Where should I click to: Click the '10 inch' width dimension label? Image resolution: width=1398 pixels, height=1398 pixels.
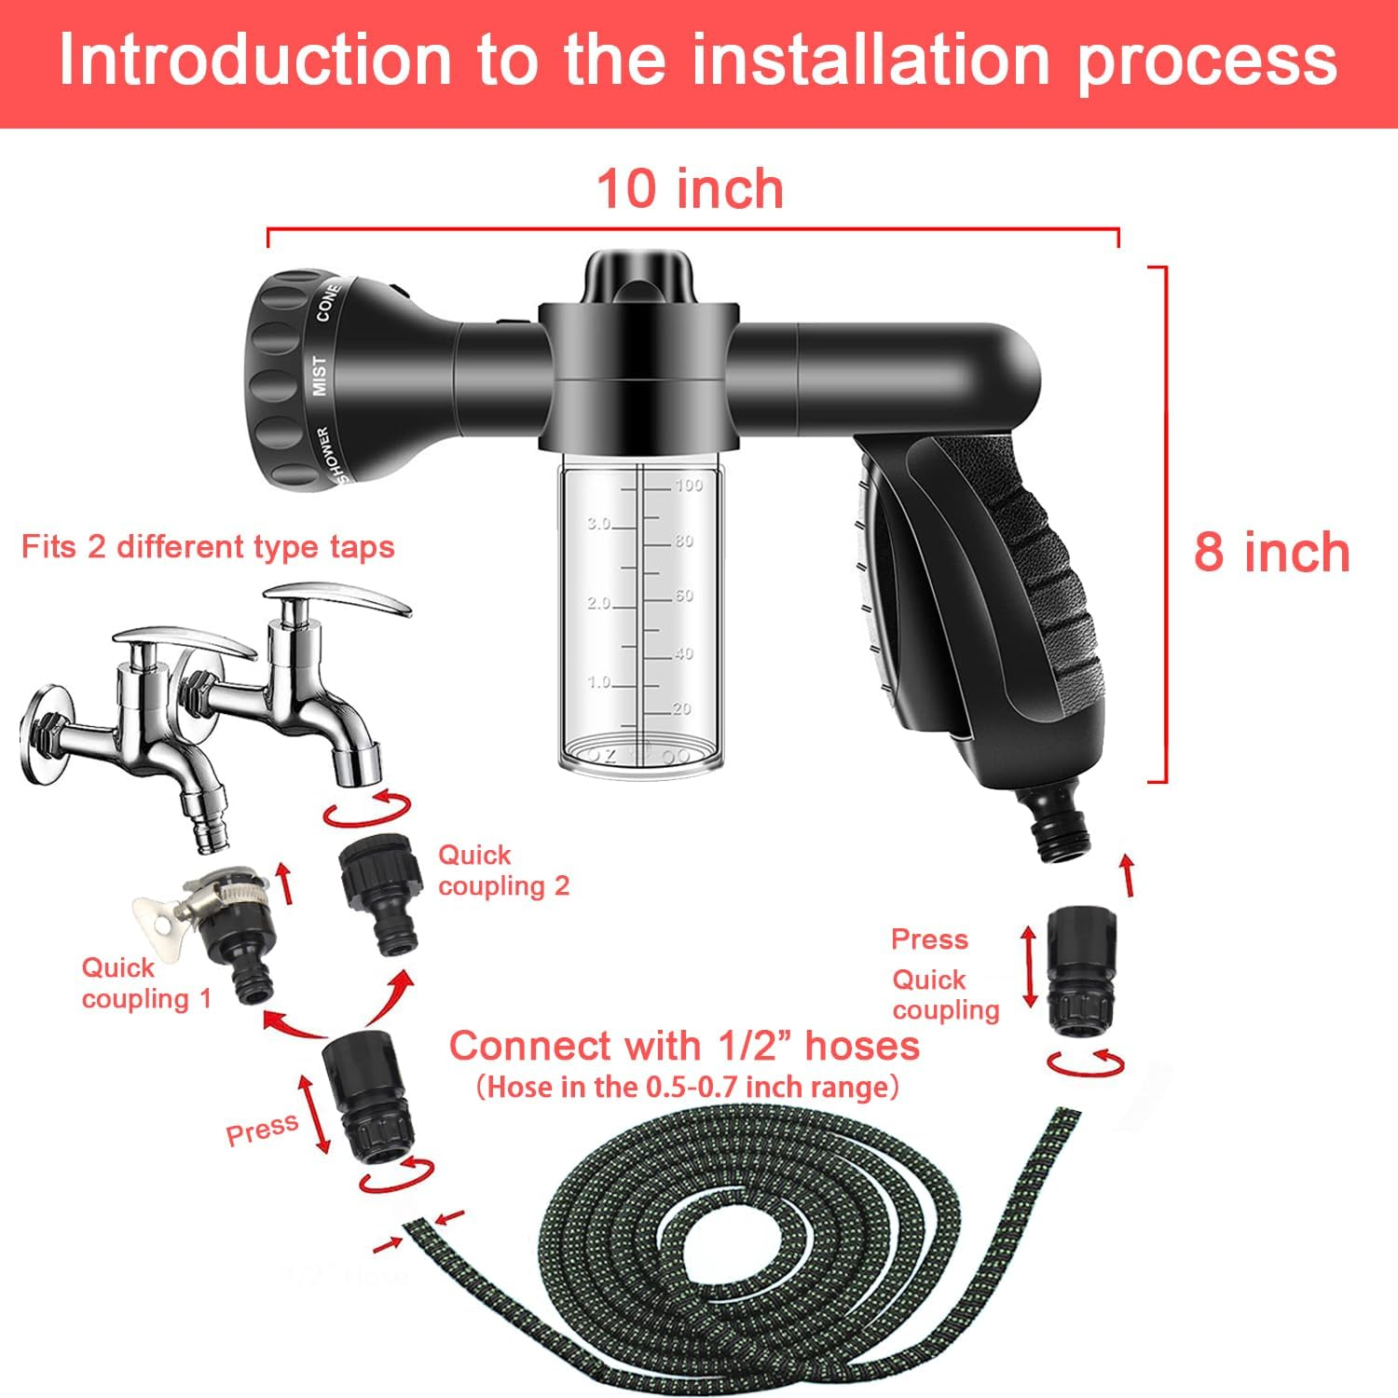690,189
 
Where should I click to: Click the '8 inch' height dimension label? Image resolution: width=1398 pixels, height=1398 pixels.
1271,552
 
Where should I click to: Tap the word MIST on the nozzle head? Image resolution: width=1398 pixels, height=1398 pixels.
320,375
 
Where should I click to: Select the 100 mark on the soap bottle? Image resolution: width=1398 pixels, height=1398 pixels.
689,485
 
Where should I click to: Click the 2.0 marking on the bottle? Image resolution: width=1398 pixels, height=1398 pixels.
598,603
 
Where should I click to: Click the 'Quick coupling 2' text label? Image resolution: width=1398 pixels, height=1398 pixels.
503,870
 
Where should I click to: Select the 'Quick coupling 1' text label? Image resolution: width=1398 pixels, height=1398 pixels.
146,982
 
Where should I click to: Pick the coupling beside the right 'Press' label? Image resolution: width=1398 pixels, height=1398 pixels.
1079,969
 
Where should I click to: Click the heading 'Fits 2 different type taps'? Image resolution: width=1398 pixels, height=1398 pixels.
208,546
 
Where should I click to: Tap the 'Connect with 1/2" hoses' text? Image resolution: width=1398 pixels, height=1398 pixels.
684,1046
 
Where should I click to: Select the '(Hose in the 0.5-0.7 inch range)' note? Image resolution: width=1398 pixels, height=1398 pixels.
687,1087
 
